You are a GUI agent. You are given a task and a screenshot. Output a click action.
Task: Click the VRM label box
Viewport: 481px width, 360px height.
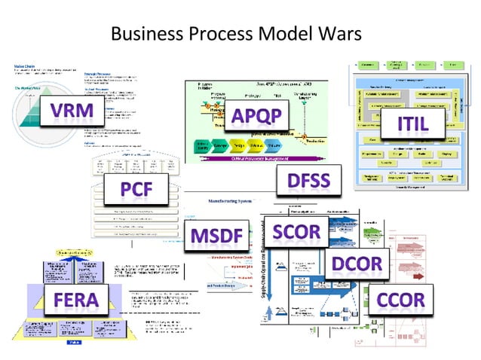[x=72, y=112]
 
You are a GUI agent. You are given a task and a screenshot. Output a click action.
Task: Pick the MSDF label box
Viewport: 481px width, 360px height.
[x=216, y=235]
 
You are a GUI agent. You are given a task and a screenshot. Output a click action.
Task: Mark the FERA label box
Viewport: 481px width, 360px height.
[x=75, y=299]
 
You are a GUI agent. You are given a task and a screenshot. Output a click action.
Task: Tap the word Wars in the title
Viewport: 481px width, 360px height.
[x=345, y=34]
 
